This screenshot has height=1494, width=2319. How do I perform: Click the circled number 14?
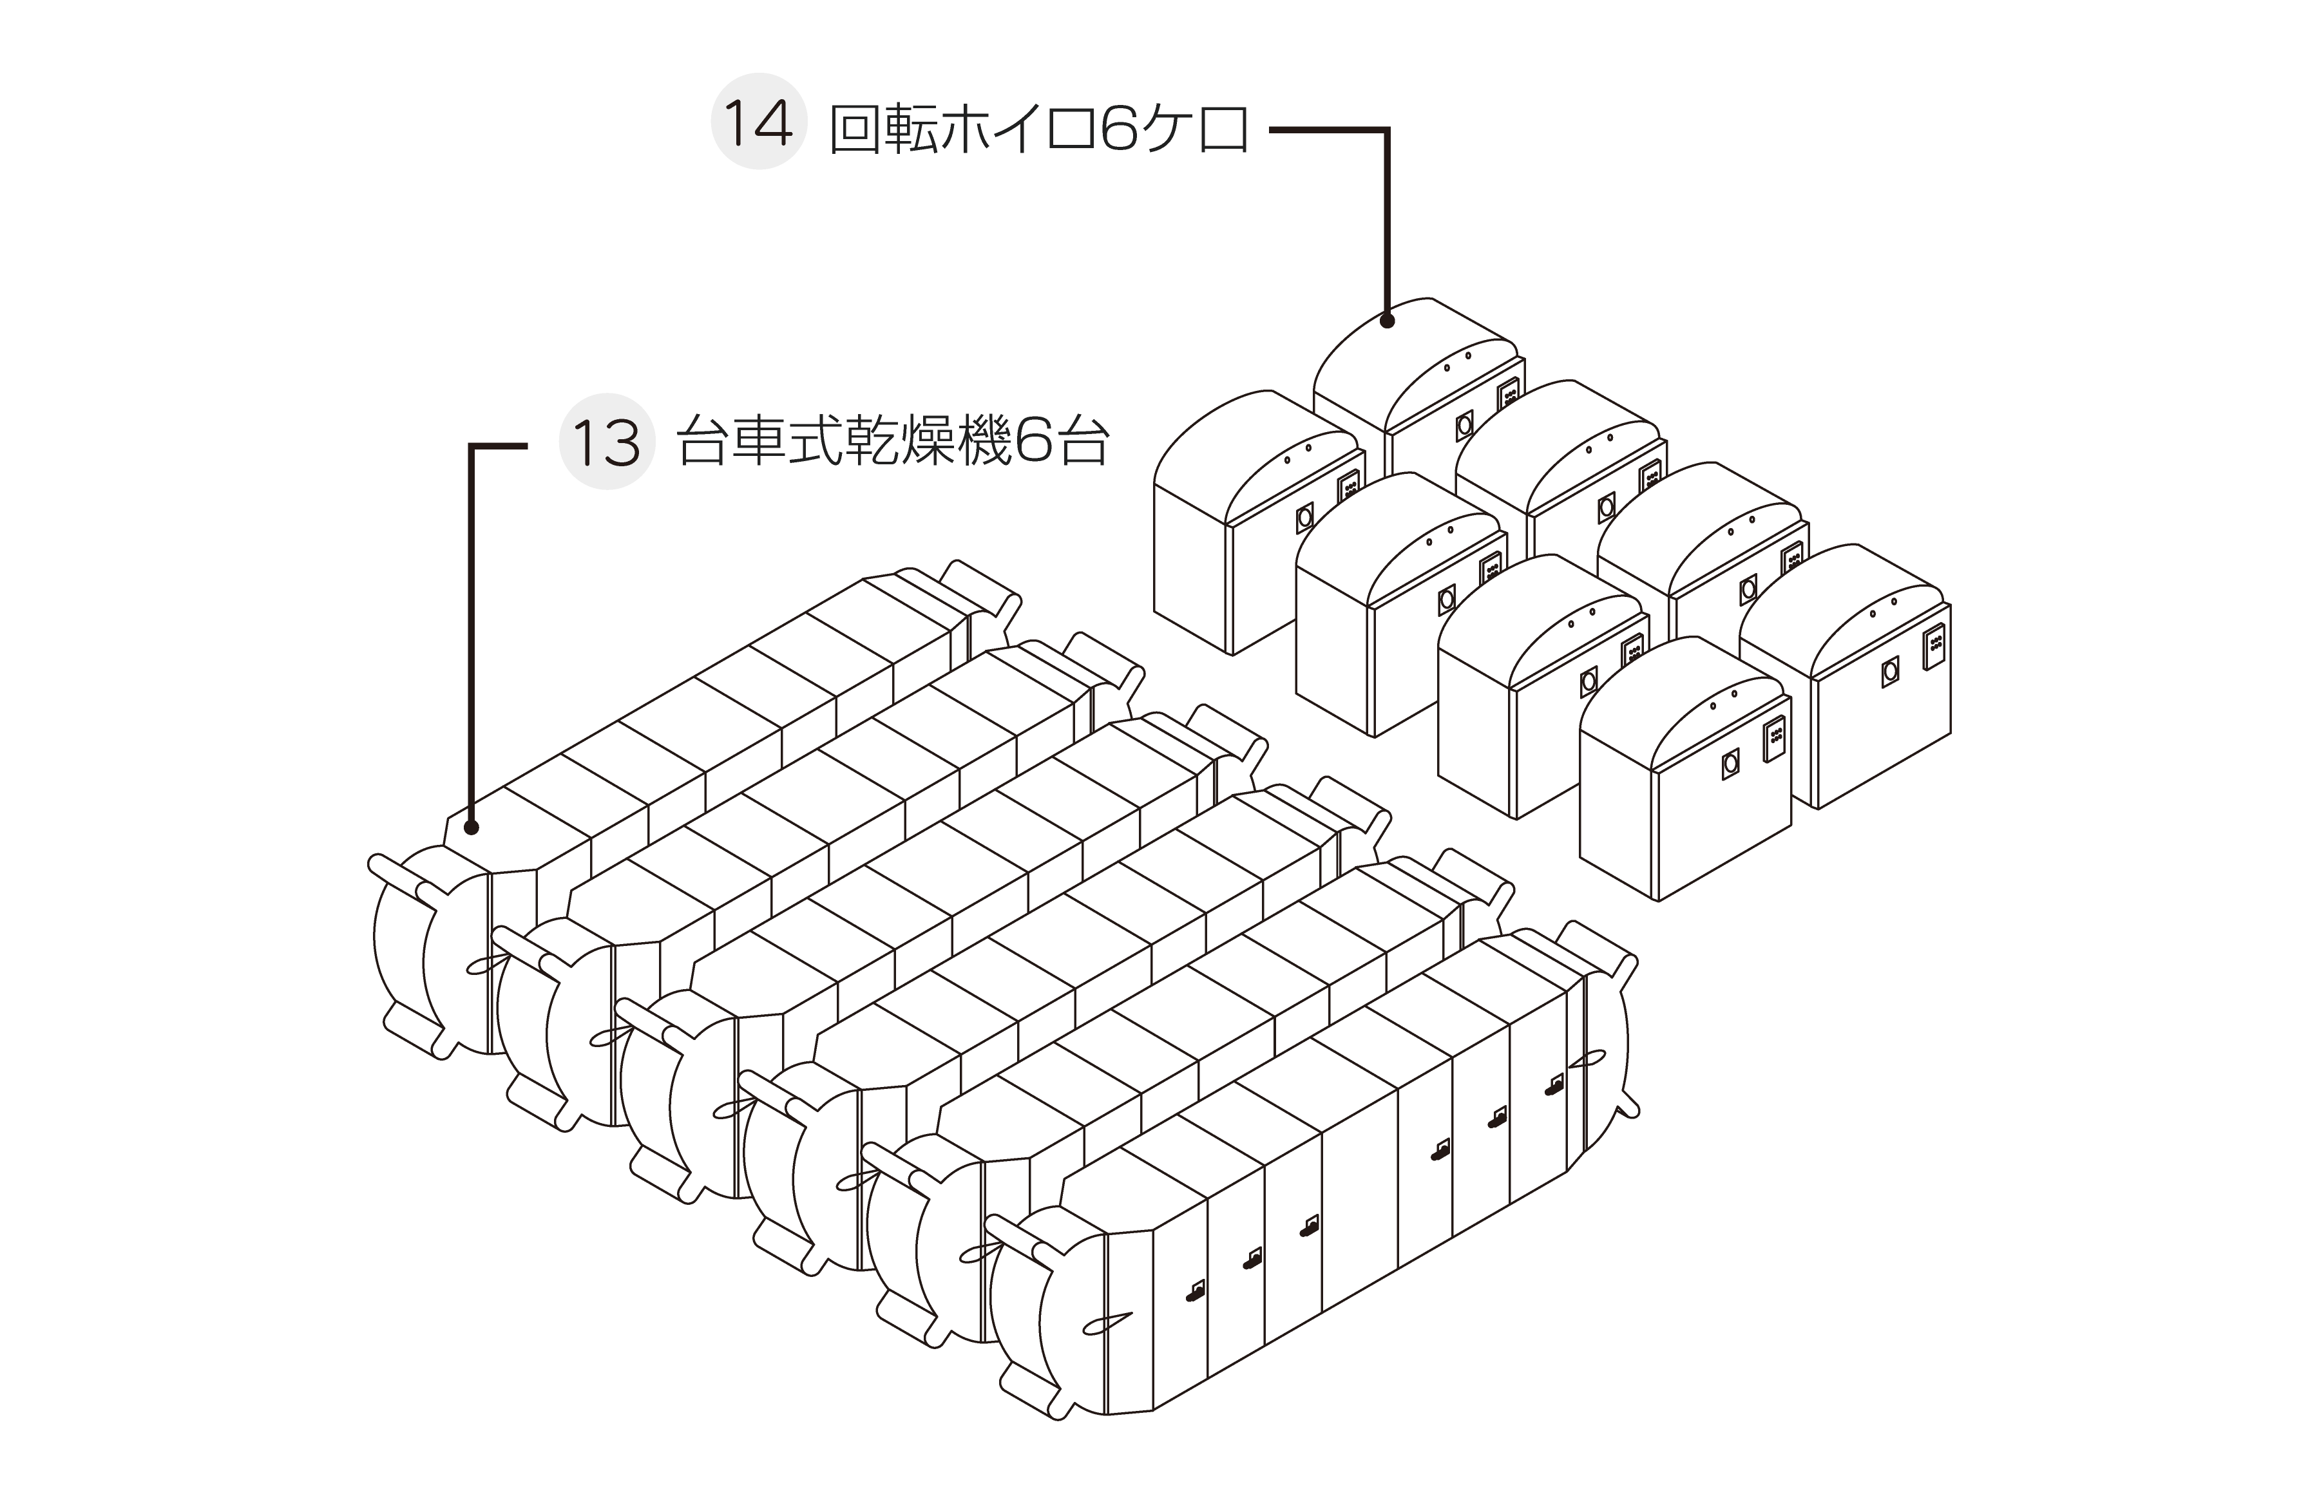pyautogui.click(x=759, y=122)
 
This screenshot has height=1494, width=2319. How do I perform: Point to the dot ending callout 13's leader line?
pyautogui.click(x=472, y=827)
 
